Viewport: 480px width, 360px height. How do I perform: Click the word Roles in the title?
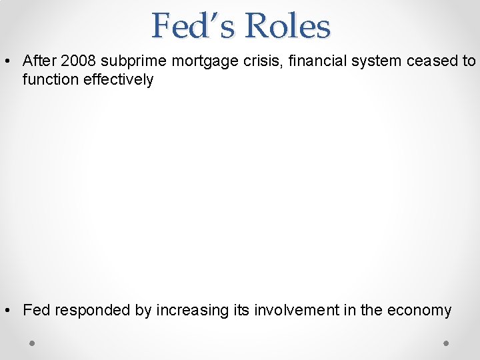click(287, 26)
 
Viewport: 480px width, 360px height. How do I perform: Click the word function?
click(47, 79)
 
